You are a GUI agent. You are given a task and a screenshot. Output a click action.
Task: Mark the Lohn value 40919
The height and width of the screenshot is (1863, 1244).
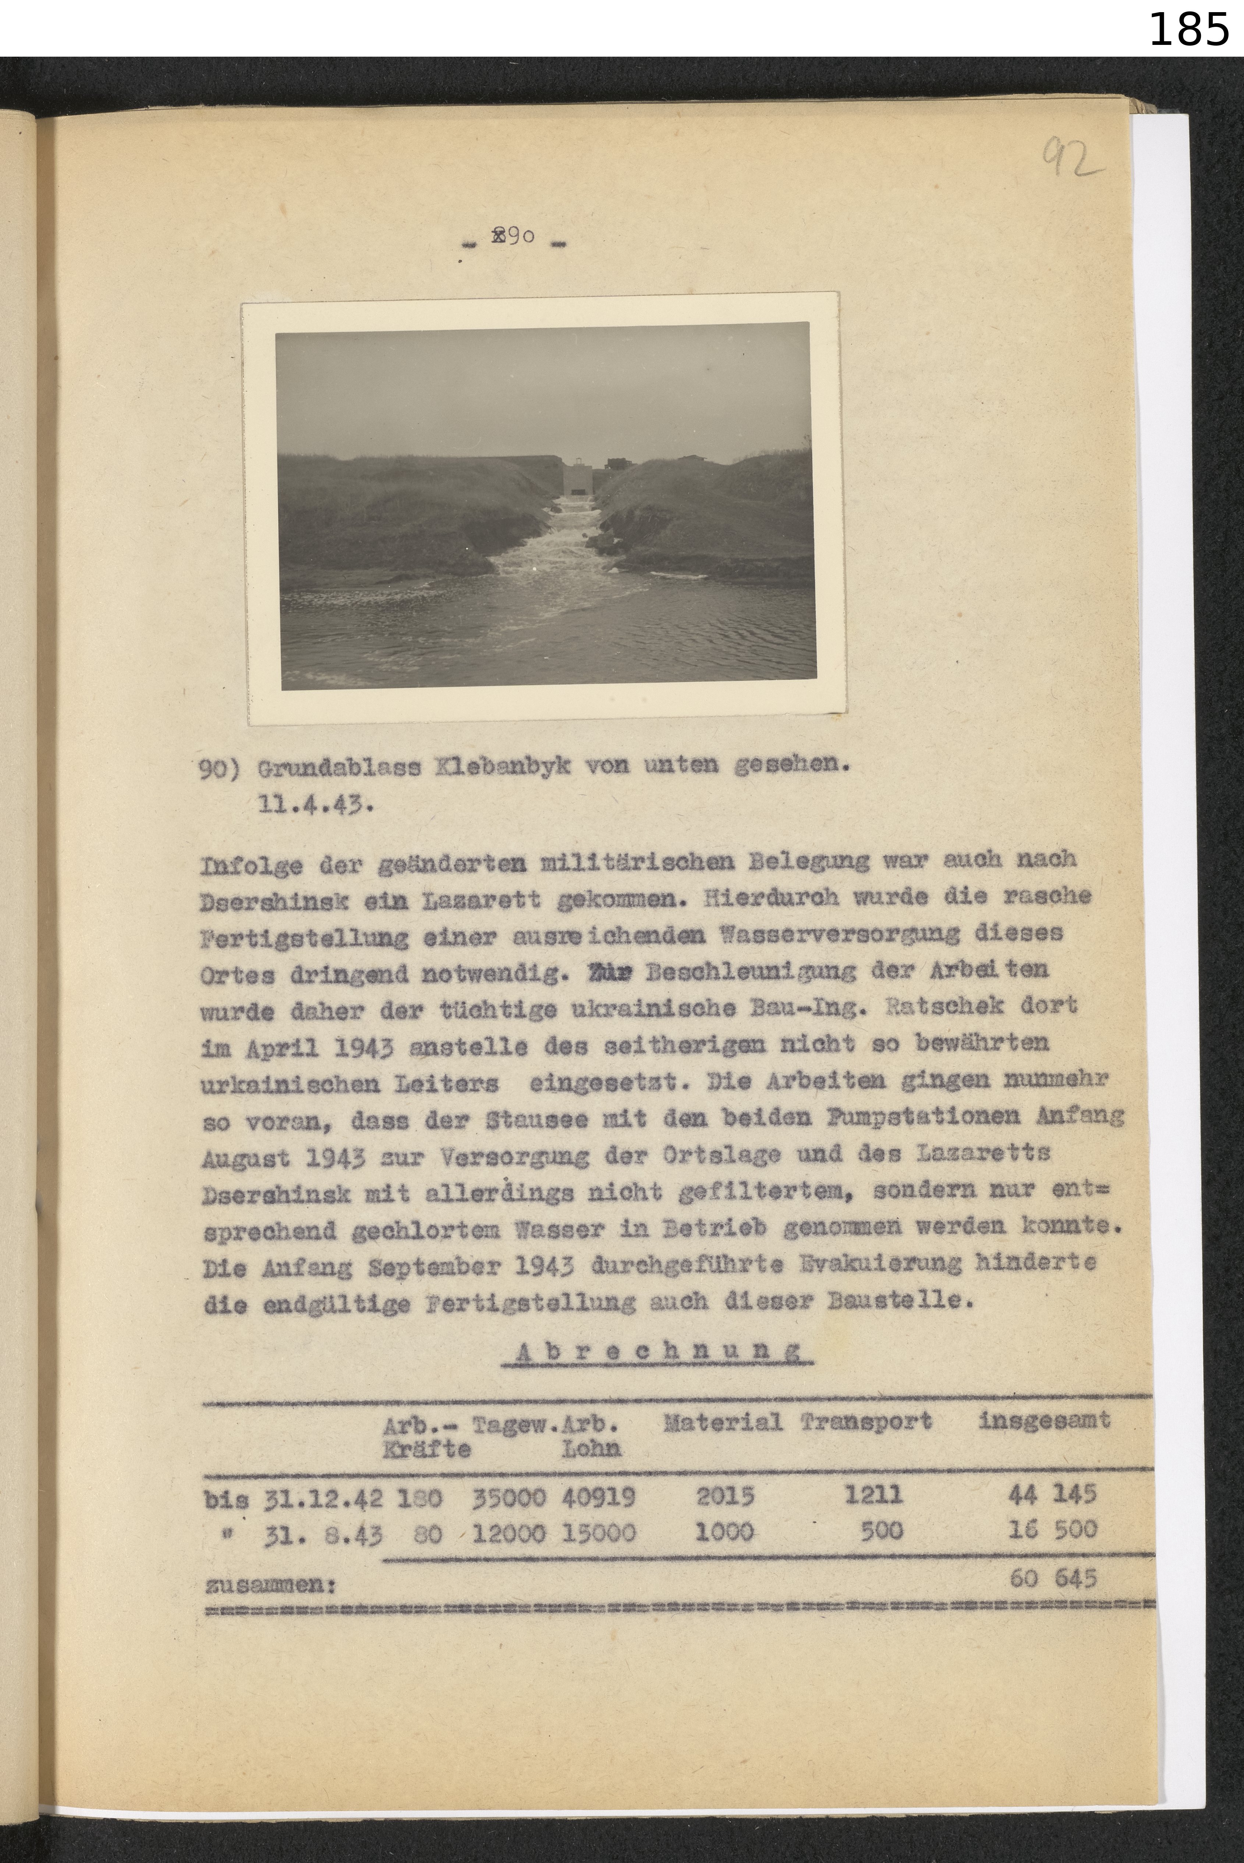599,1497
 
